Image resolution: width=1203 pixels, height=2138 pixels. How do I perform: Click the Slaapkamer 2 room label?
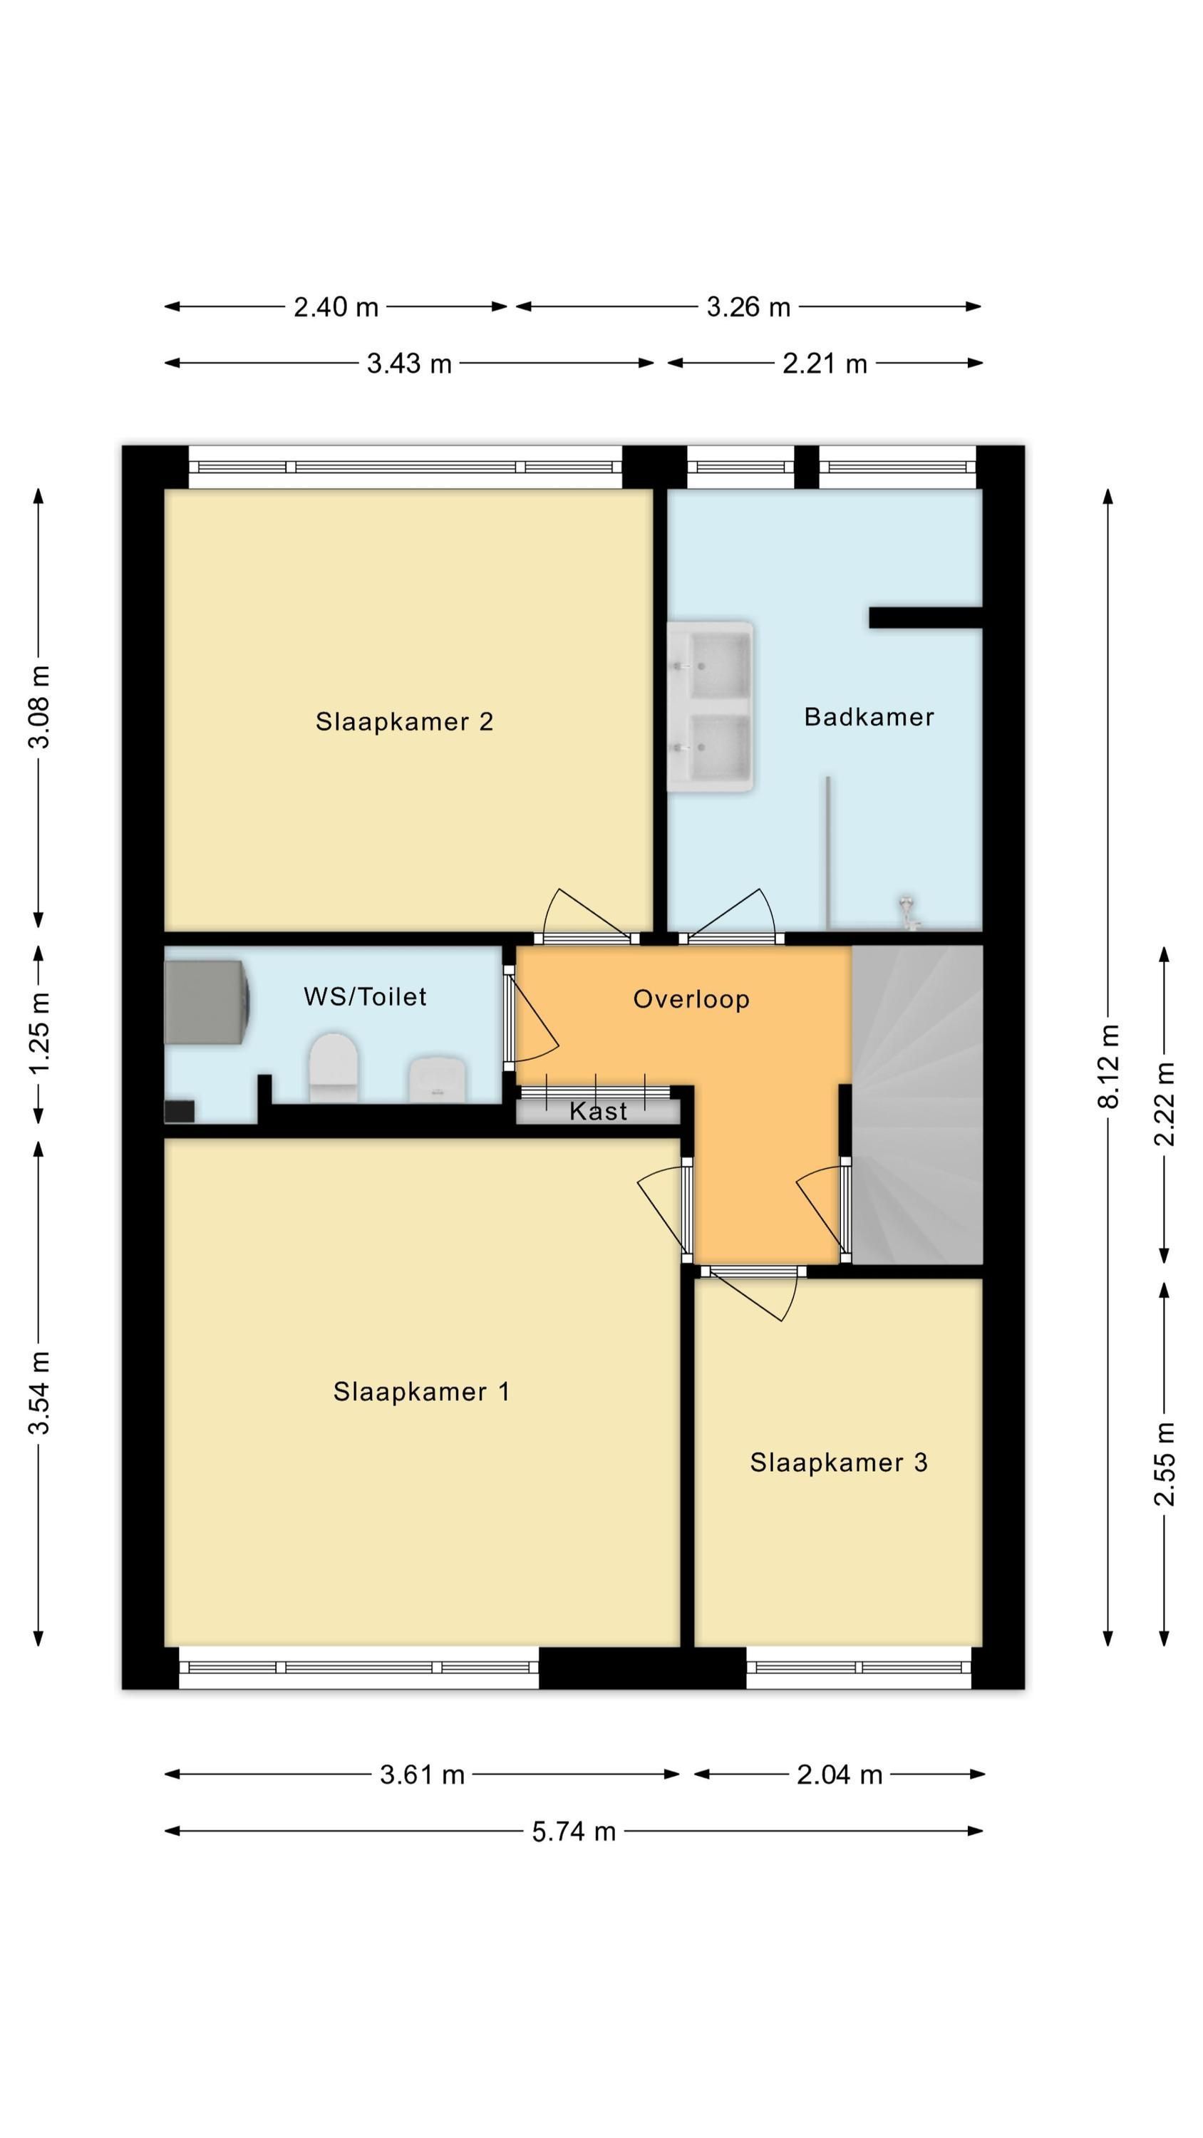coord(404,721)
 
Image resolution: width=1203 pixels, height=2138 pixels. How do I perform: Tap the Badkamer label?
coord(869,716)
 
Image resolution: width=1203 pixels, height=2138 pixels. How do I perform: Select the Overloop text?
coord(691,998)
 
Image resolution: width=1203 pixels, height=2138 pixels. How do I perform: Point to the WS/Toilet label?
coord(366,996)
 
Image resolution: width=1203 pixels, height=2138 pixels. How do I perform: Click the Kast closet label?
coord(599,1110)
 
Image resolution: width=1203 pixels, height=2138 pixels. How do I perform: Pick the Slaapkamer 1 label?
coord(422,1391)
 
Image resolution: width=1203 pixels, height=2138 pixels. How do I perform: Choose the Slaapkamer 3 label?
coord(839,1462)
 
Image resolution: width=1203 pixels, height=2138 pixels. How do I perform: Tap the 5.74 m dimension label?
coord(574,1831)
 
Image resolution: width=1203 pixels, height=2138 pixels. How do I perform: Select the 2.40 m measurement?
coord(336,307)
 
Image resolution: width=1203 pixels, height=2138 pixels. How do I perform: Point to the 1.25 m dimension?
coord(39,1033)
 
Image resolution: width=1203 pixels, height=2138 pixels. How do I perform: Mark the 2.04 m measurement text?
coord(840,1775)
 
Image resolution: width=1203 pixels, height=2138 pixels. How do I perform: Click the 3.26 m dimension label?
coord(748,307)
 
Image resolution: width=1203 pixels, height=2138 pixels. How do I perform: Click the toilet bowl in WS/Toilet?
coord(334,1068)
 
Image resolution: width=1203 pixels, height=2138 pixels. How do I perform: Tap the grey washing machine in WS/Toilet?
coord(207,1002)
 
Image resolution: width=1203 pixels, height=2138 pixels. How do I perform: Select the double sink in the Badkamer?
coord(711,706)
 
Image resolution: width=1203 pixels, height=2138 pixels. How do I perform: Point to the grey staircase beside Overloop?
coord(917,1104)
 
